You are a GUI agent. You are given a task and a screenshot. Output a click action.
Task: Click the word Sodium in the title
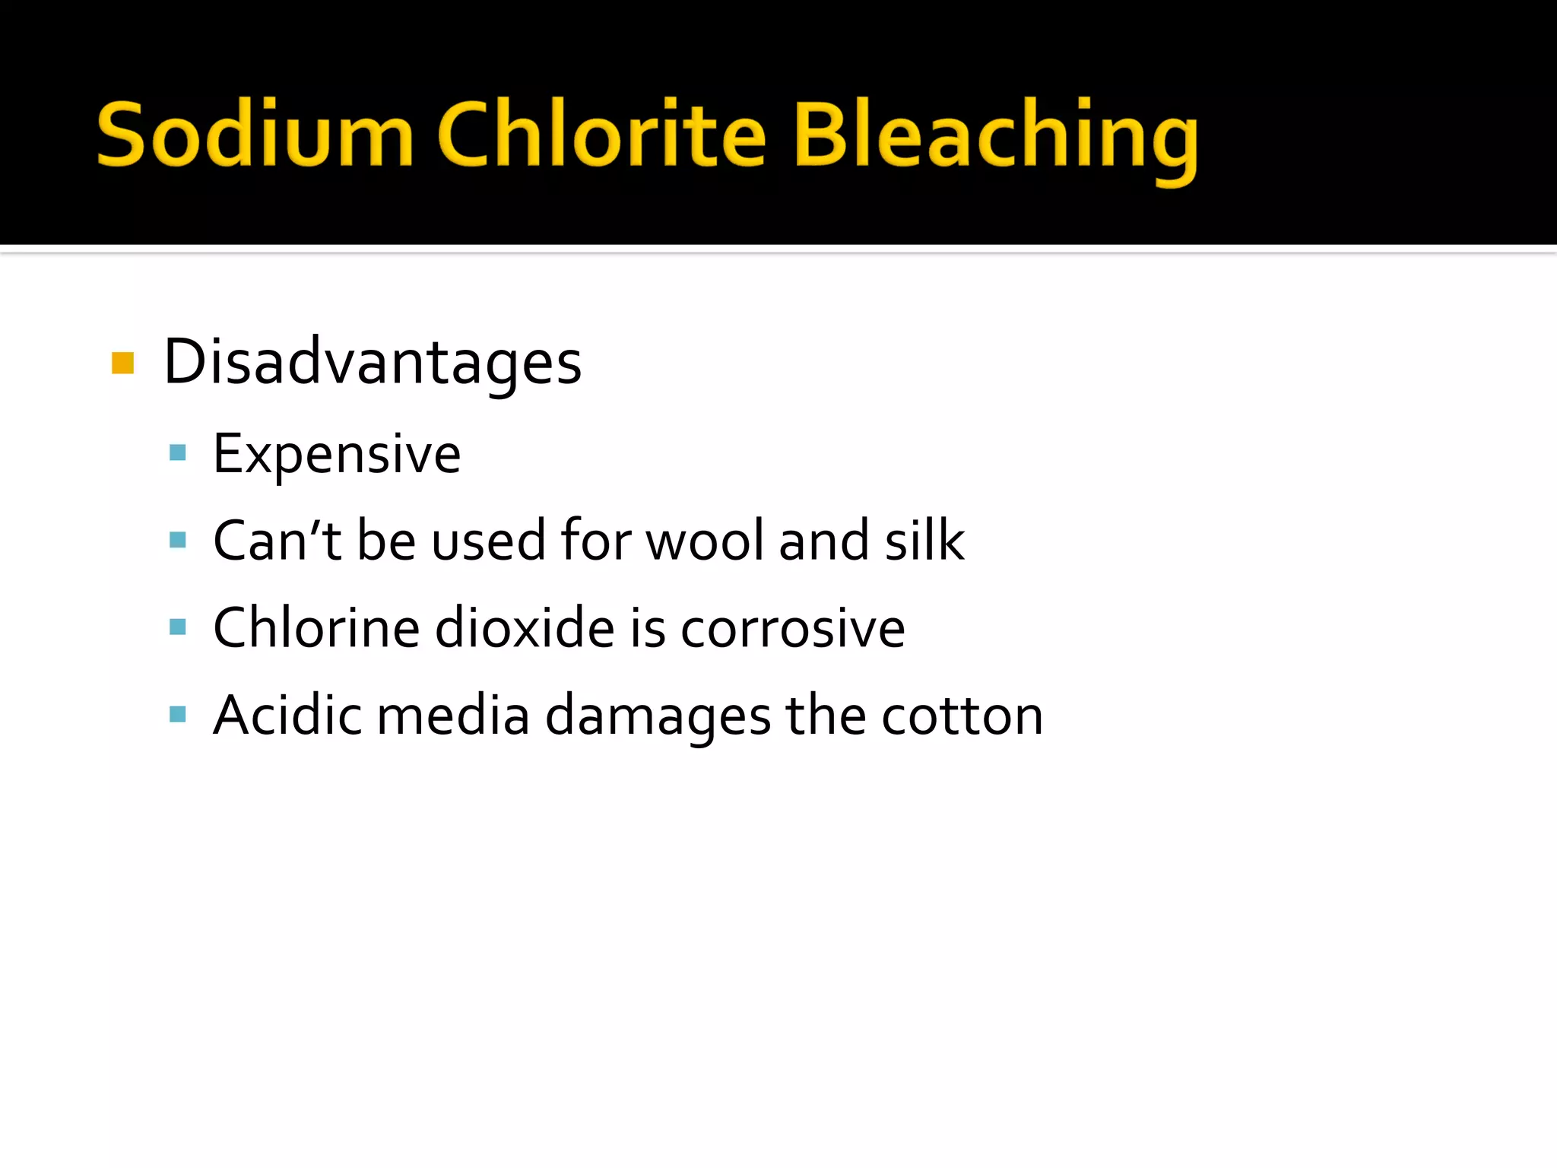[x=255, y=135]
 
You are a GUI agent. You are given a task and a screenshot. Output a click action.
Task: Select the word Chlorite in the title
[x=601, y=135]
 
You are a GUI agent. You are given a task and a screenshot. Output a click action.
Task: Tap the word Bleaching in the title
[x=996, y=137]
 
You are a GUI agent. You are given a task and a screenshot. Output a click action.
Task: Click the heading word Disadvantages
[x=373, y=363]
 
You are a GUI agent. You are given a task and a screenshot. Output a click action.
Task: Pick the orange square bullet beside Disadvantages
[x=122, y=363]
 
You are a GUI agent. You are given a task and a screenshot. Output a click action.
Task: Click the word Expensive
[x=337, y=455]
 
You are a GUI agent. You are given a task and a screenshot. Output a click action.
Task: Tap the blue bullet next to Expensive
[x=178, y=453]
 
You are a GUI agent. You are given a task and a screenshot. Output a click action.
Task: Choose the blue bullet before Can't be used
[x=178, y=540]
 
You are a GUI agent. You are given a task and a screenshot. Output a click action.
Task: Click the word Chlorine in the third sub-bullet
[x=316, y=628]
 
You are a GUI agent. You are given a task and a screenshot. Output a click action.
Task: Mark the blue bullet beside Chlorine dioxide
[x=178, y=627]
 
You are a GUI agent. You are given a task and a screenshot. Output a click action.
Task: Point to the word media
[x=453, y=716]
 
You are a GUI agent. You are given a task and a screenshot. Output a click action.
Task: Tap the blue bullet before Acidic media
[x=178, y=714]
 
